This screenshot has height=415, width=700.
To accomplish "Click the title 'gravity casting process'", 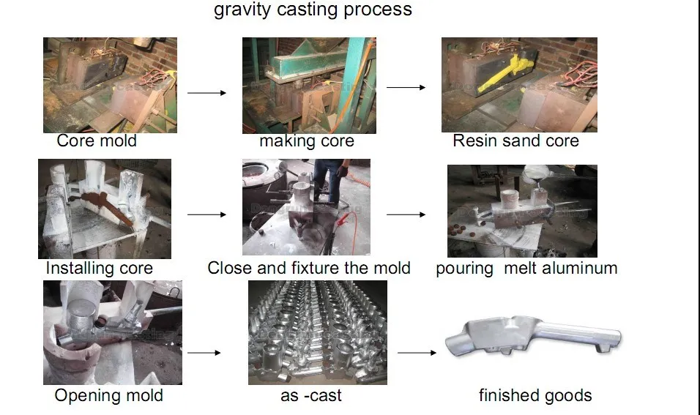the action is tap(313, 10).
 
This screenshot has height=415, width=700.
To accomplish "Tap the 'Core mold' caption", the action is tap(97, 141).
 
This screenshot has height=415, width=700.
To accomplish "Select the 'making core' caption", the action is tap(307, 141).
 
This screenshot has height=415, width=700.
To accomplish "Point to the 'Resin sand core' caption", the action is tap(515, 141).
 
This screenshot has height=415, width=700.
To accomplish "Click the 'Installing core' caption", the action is tap(99, 268).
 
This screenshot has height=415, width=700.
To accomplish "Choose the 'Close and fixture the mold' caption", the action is tap(309, 268).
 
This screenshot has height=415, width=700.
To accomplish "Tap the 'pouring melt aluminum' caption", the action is tap(526, 268).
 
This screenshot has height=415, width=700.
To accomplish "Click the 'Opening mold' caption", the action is tap(108, 396).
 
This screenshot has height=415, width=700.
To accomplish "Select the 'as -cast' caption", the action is tap(311, 396).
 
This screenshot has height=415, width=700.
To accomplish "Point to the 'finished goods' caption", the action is tap(535, 396).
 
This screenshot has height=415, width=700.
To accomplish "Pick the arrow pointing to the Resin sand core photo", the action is tap(406, 88).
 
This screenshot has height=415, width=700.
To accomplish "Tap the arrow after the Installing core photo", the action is tap(206, 214).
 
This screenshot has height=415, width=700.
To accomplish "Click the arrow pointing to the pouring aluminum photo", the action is tap(406, 214).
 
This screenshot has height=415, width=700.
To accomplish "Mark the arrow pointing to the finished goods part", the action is tap(417, 353).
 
